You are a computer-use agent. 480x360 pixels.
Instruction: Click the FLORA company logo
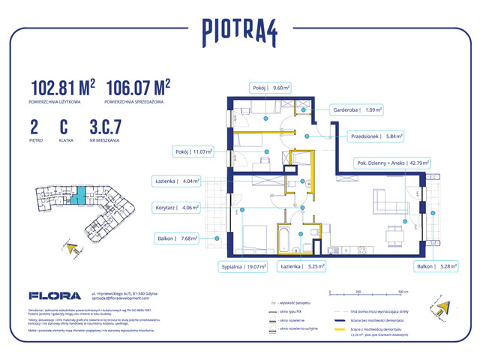tap(54, 296)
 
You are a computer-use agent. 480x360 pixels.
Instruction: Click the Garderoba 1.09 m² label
tap(358, 109)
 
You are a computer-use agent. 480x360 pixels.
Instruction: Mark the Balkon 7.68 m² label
tap(178, 239)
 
